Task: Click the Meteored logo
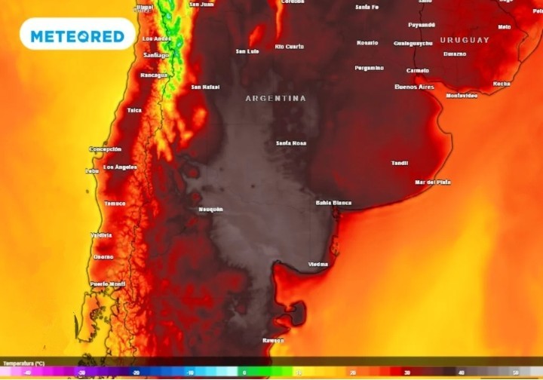77,35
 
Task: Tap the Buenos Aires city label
414,87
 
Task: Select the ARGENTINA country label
275,98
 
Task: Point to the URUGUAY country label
465,40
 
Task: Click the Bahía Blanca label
333,203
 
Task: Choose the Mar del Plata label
433,182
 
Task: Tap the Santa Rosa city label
290,142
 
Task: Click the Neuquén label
210,209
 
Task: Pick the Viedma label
318,264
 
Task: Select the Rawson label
273,339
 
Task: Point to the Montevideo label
462,96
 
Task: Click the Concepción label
106,149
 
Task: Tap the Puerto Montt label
106,283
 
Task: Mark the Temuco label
115,204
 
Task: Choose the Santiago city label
156,54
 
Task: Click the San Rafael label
205,87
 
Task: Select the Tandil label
400,163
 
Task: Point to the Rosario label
367,43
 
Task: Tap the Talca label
134,110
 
